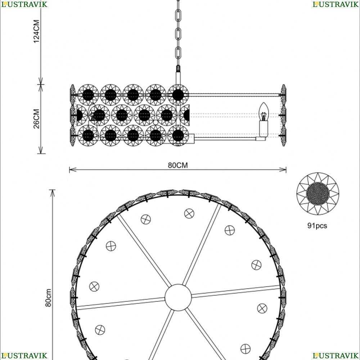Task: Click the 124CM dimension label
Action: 36,31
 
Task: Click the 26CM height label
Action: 36,119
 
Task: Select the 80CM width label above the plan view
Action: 178,165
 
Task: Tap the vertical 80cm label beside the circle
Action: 48,298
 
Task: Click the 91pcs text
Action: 317,226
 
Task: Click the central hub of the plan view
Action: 178,298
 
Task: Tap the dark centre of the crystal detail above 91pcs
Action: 318,193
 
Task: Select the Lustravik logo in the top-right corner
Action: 336,4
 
